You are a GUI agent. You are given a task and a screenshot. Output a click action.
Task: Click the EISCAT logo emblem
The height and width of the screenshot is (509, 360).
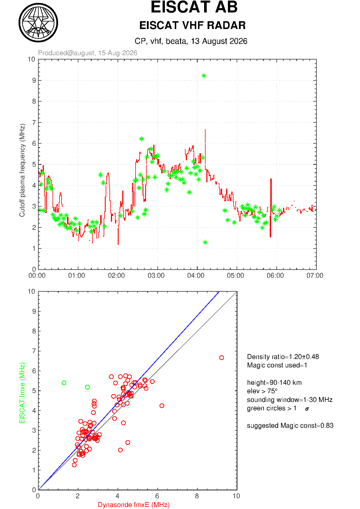[38, 23]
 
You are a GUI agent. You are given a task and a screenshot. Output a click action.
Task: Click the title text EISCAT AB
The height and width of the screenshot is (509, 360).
[194, 7]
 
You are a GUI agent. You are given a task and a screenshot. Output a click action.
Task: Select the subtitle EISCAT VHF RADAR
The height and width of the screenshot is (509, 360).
[192, 26]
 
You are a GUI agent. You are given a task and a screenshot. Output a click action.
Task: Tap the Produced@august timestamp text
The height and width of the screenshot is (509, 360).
[88, 53]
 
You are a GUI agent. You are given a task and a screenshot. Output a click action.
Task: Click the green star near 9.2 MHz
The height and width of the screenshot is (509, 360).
[204, 76]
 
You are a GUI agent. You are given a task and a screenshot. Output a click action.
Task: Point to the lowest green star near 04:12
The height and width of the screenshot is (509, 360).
[205, 242]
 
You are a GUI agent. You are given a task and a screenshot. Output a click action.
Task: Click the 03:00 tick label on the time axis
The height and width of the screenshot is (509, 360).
[156, 275]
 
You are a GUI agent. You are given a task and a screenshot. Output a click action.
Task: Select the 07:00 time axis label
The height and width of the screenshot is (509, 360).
[315, 275]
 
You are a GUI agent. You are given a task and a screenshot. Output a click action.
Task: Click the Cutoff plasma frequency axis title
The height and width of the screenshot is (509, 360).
[22, 170]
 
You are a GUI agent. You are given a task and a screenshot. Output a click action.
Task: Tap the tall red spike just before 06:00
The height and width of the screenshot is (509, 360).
[271, 208]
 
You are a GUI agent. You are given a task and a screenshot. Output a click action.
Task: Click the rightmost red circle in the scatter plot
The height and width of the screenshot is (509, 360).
[222, 358]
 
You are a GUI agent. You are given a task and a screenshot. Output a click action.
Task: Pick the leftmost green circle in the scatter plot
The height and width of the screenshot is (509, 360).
[64, 383]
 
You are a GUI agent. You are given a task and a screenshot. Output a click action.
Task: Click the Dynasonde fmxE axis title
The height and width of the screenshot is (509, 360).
[134, 505]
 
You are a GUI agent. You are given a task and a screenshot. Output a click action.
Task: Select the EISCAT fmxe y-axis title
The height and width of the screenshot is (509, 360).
[22, 393]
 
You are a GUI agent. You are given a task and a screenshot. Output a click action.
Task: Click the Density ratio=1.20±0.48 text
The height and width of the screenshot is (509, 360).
[283, 357]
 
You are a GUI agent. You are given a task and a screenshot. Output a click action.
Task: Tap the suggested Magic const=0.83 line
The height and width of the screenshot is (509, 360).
[290, 425]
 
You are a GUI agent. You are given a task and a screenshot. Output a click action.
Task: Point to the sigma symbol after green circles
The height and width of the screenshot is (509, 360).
[307, 409]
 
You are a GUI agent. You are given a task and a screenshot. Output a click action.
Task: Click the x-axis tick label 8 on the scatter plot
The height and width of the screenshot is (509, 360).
[197, 496]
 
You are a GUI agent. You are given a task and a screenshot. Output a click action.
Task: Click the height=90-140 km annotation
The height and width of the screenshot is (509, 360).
[274, 382]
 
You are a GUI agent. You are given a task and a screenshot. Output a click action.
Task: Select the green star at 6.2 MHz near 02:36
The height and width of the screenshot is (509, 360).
[142, 139]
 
